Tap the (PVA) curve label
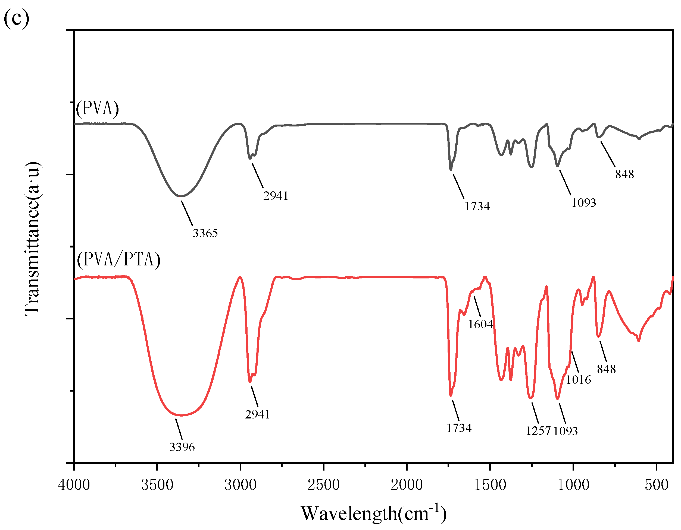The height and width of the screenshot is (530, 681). click(x=98, y=109)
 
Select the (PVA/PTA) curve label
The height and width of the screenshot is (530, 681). click(x=118, y=259)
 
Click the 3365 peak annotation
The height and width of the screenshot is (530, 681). click(x=205, y=233)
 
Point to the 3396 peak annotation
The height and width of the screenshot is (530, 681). click(x=182, y=447)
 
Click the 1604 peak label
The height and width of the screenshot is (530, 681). click(x=480, y=325)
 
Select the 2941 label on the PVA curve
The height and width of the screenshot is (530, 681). click(x=276, y=196)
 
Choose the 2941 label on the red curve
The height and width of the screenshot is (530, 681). click(x=258, y=414)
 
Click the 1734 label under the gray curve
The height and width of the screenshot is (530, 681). click(x=477, y=207)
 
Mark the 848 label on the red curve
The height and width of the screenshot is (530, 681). click(x=607, y=369)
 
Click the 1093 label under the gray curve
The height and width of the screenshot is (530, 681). click(x=584, y=203)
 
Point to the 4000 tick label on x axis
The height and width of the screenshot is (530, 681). click(x=74, y=485)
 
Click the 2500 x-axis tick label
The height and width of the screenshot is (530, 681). click(x=324, y=485)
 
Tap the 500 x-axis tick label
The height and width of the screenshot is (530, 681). click(x=657, y=485)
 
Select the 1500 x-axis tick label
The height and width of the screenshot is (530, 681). click(x=490, y=485)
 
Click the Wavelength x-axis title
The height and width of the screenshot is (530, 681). click(x=374, y=513)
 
